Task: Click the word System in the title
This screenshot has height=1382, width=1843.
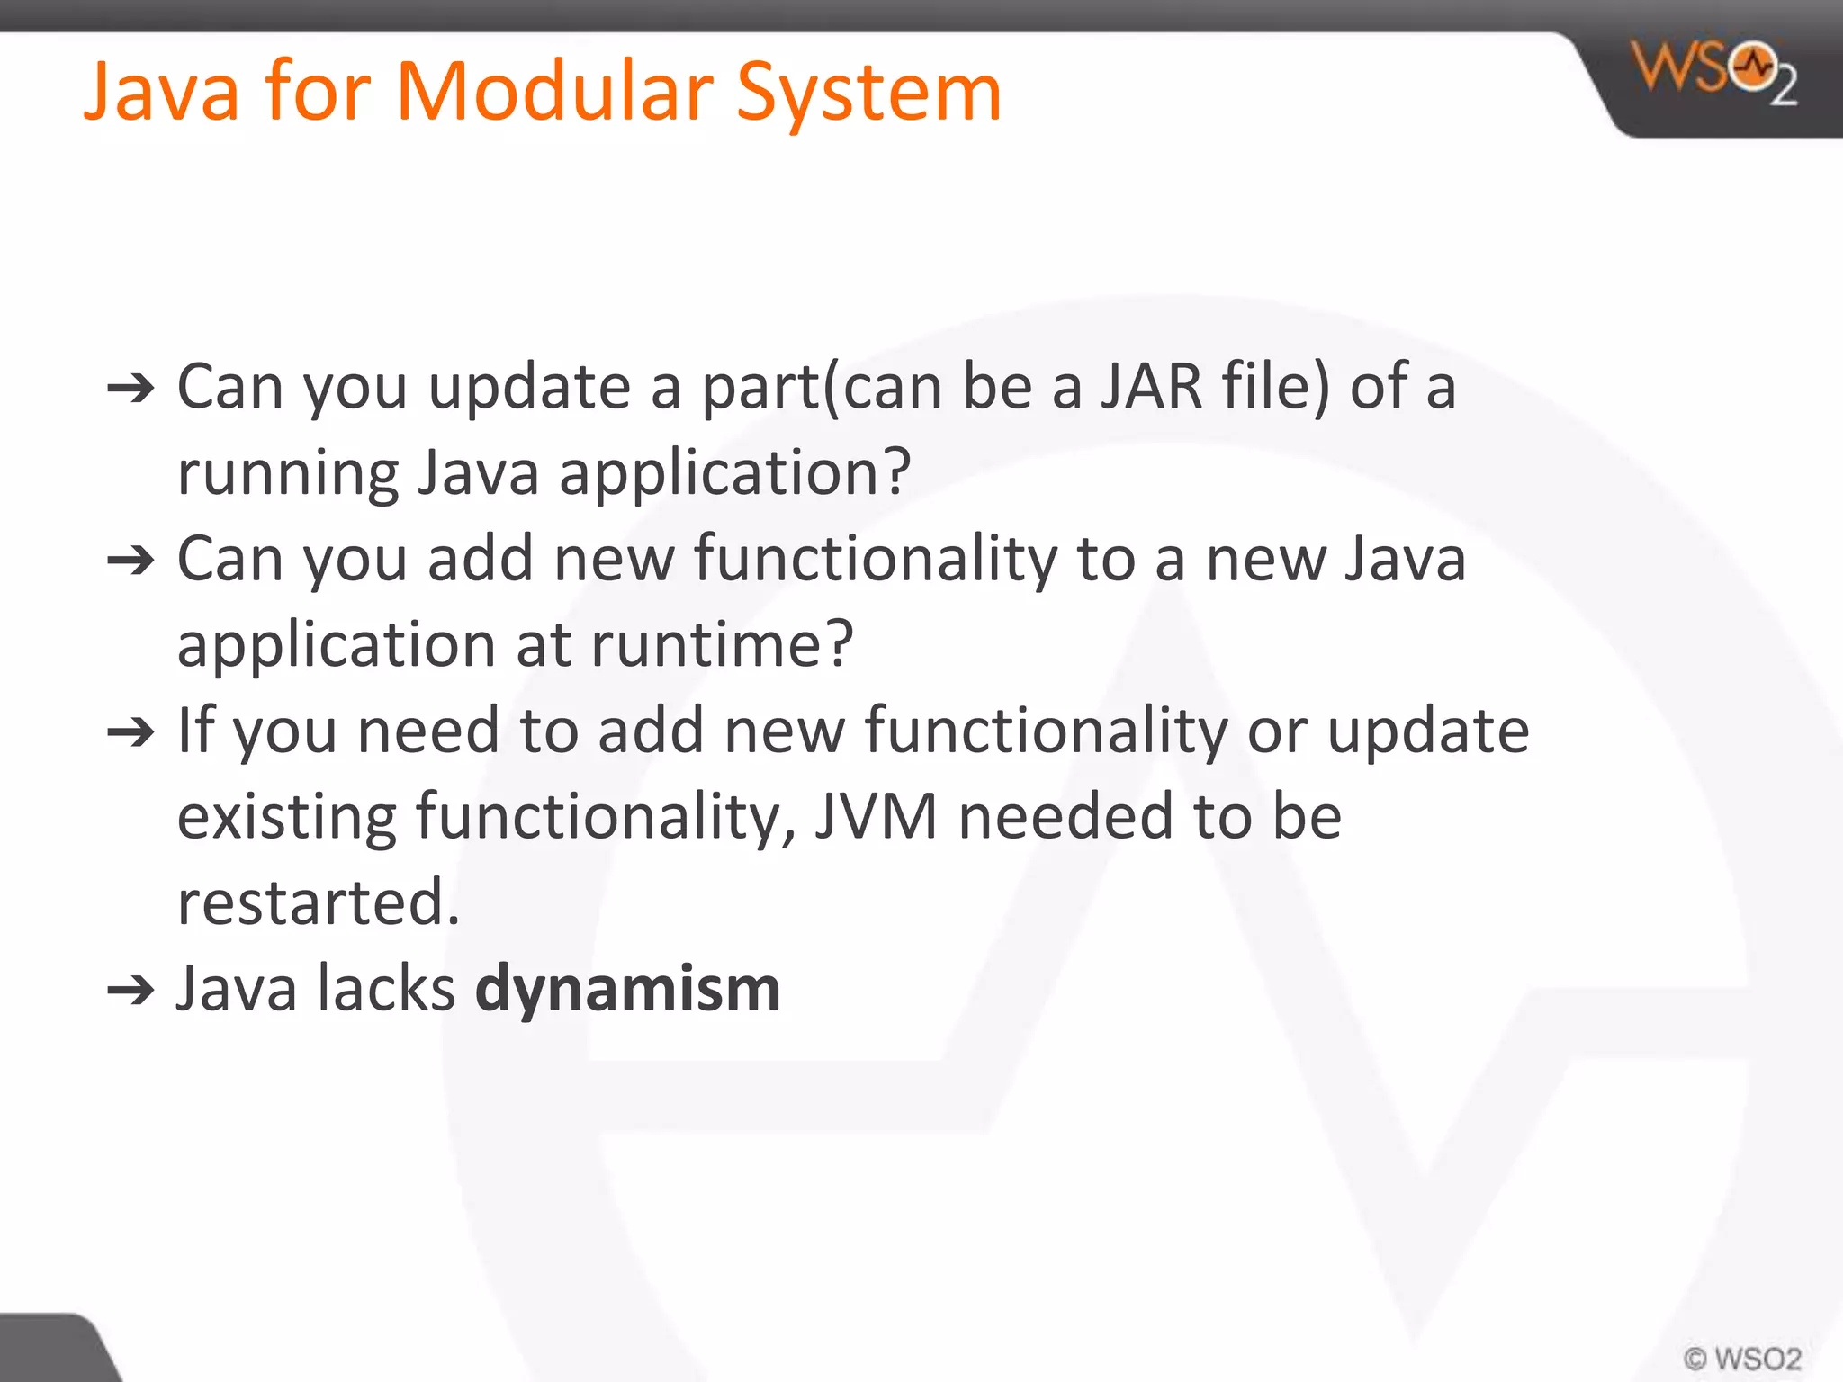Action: (x=868, y=94)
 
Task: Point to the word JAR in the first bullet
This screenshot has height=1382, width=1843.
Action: (x=1152, y=387)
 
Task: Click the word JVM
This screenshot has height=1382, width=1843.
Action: (x=876, y=817)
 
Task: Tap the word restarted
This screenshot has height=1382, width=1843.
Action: (x=319, y=902)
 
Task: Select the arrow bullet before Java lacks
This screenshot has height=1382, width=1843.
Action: (x=131, y=991)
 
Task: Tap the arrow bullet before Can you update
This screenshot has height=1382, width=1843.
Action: (x=131, y=389)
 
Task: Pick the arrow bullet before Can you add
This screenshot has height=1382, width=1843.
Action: (x=131, y=561)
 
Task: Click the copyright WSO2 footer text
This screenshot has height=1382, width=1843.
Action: (x=1742, y=1358)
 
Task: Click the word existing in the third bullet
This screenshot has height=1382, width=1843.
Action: (x=286, y=817)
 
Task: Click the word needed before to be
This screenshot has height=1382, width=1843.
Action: (x=1065, y=817)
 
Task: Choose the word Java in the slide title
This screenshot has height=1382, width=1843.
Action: (x=162, y=92)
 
